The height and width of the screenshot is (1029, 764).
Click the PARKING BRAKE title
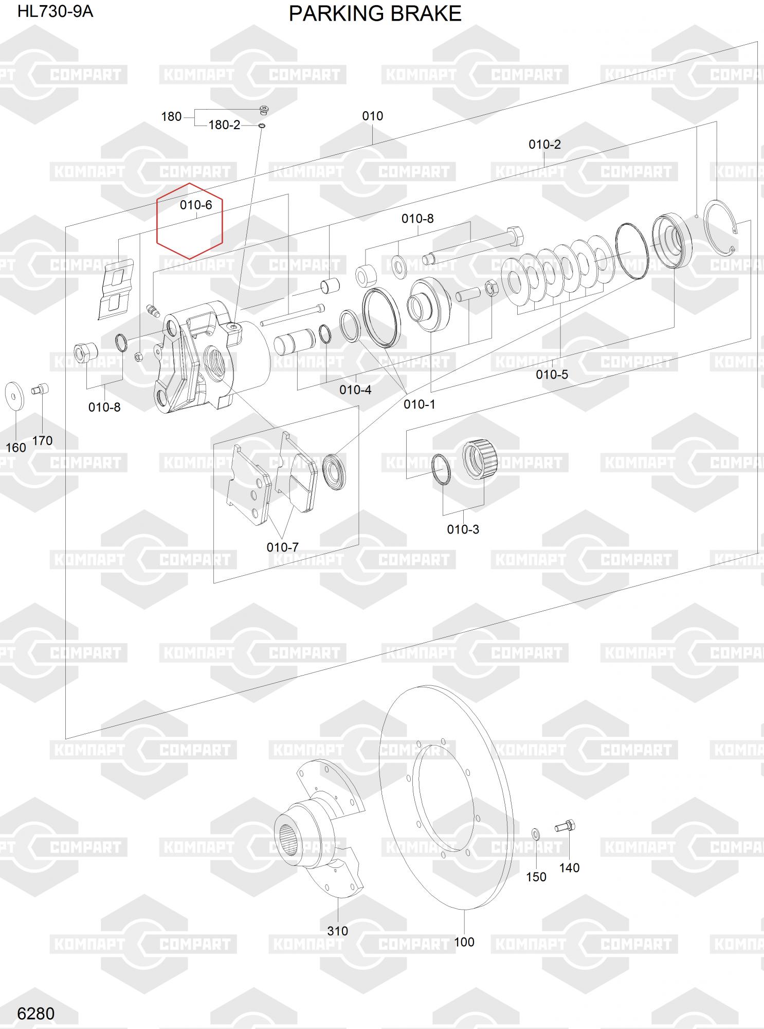(x=375, y=13)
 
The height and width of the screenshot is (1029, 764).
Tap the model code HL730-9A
(x=56, y=11)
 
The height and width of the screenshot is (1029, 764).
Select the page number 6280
(x=35, y=1013)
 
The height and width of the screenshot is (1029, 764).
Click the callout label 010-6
(x=196, y=205)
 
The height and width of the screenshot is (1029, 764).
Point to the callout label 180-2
(x=224, y=125)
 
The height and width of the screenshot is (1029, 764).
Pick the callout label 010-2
(x=545, y=145)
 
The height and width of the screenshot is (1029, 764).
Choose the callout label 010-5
(x=552, y=375)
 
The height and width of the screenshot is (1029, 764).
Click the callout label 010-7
(x=283, y=547)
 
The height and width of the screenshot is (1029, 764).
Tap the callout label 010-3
(x=463, y=529)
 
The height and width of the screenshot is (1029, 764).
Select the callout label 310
(x=338, y=931)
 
